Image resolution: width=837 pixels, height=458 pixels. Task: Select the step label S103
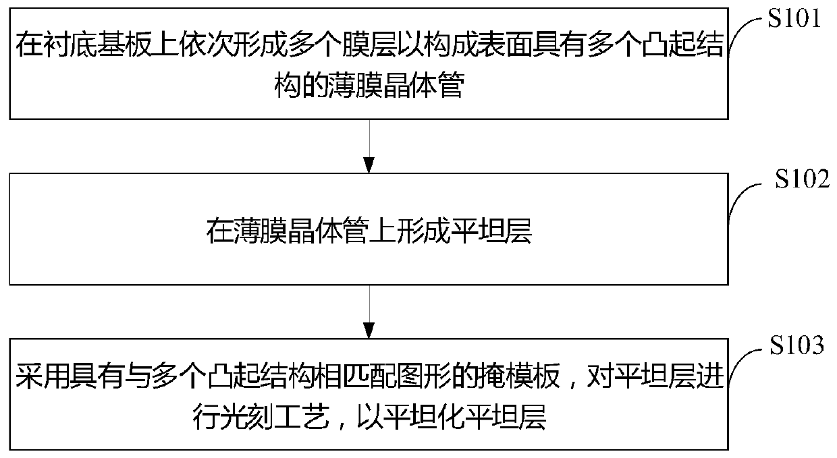click(x=796, y=347)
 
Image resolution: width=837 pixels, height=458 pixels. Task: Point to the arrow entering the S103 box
click(x=369, y=311)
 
